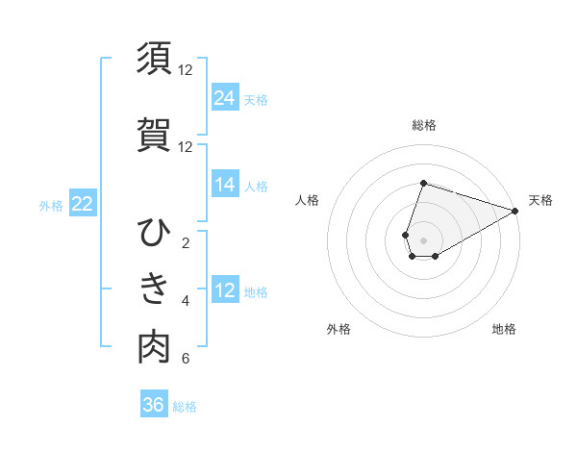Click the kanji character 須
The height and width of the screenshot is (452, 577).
pos(154,58)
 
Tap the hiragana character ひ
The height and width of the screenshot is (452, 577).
pos(154,233)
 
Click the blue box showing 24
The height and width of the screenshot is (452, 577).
pos(225,98)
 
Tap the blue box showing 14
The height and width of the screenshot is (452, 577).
pos(225,185)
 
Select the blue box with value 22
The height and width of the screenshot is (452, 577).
pos(83,203)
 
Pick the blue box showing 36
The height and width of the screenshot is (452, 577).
pos(154,405)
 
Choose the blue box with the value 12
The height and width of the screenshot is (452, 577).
pos(225,290)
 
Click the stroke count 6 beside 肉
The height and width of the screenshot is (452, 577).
pos(186,360)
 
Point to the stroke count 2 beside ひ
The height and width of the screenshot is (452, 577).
pos(186,242)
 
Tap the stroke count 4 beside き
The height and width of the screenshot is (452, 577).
pos(186,301)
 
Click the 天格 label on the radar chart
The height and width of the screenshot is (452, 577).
pos(540,200)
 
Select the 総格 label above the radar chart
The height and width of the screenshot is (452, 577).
pos(424,125)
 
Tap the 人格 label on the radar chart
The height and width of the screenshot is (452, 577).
pos(308,200)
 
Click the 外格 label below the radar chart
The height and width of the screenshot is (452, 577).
pos(339,329)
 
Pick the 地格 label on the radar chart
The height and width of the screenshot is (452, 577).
pos(504,329)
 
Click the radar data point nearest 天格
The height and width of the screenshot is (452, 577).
pos(515,211)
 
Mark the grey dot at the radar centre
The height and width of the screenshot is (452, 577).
pos(424,239)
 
